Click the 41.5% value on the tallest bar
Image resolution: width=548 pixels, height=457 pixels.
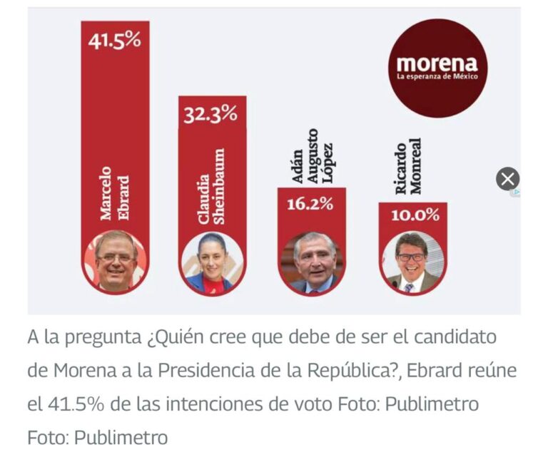pos(115,40)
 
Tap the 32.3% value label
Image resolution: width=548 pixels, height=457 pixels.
pos(210,114)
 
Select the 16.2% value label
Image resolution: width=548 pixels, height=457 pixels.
pos(310,204)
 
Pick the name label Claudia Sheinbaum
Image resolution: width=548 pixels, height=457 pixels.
pos(212,187)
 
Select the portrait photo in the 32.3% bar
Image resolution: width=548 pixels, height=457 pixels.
pos(212,262)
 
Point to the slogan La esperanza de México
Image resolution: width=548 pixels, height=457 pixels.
pos(438,76)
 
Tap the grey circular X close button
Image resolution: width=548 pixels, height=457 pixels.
pos(507,178)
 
